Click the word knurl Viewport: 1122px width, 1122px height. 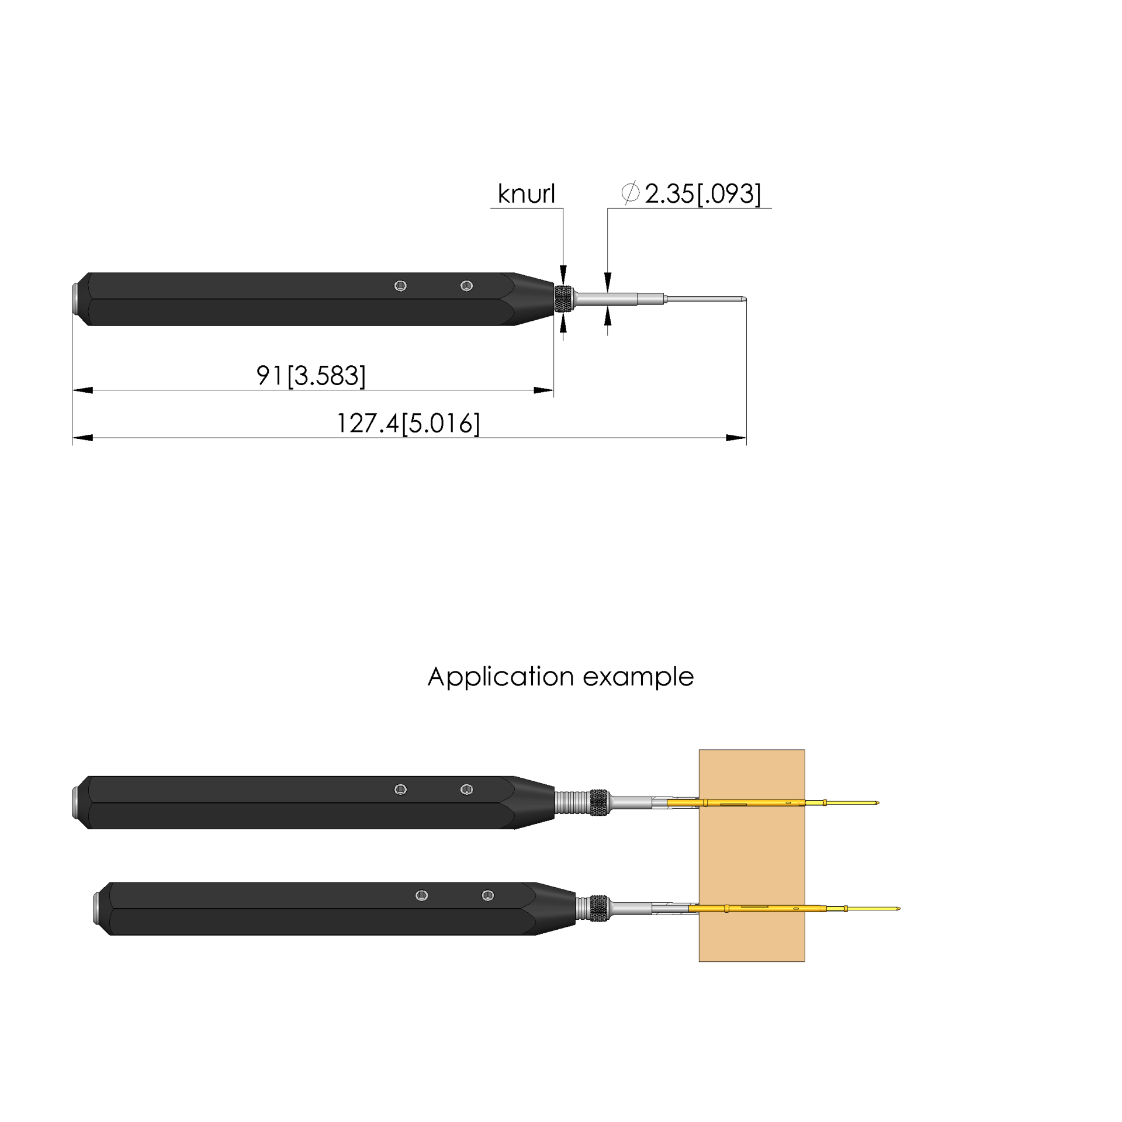click(x=526, y=193)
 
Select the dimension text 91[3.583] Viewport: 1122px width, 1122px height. click(x=311, y=376)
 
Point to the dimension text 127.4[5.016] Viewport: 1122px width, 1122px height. click(x=408, y=423)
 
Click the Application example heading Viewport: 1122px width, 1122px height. click(x=560, y=677)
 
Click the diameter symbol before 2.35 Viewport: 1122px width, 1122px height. click(x=631, y=193)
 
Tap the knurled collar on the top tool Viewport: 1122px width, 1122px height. click(x=563, y=299)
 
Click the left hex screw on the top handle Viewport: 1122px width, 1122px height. click(x=400, y=286)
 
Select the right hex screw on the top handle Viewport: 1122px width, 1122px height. click(x=466, y=286)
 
